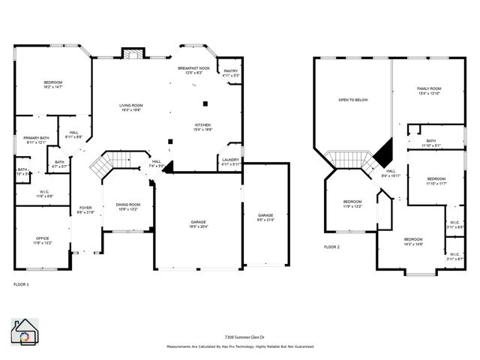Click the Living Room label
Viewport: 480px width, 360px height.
pos(130,108)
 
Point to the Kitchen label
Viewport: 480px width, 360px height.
pos(202,127)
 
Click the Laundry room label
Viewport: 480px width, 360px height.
pos(230,161)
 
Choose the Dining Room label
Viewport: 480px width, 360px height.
pos(127,206)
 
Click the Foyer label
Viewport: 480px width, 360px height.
pos(85,210)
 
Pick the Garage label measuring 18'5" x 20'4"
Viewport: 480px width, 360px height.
pos(198,224)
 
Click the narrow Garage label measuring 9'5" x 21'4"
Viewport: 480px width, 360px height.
pos(265,217)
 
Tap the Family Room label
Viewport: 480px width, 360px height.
pos(429,91)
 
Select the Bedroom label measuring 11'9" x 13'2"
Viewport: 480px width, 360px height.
pos(352,203)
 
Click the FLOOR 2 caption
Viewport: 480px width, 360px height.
pos(331,247)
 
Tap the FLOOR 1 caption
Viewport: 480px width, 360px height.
pos(22,285)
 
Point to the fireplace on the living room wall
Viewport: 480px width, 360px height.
pos(133,54)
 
